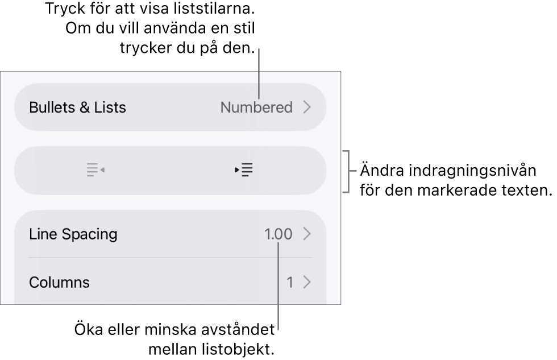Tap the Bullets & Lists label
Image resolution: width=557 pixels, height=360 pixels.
[77, 107]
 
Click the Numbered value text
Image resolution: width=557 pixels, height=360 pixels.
[256, 107]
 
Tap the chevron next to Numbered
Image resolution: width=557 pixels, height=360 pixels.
[307, 107]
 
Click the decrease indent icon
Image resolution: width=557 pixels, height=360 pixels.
[95, 170]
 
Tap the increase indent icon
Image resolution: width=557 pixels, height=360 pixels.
[244, 170]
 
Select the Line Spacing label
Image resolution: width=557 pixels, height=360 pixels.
[73, 234]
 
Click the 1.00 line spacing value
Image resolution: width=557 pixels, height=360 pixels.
[278, 234]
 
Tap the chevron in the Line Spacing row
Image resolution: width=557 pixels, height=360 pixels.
[307, 234]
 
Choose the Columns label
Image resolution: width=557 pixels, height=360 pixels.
[59, 282]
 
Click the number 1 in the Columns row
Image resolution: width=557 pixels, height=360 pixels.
[290, 283]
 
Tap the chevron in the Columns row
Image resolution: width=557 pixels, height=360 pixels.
[307, 282]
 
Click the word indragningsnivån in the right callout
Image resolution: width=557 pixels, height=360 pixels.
[473, 171]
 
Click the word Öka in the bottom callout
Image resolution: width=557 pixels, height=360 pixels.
[89, 329]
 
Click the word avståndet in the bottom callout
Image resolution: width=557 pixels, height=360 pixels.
[238, 329]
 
